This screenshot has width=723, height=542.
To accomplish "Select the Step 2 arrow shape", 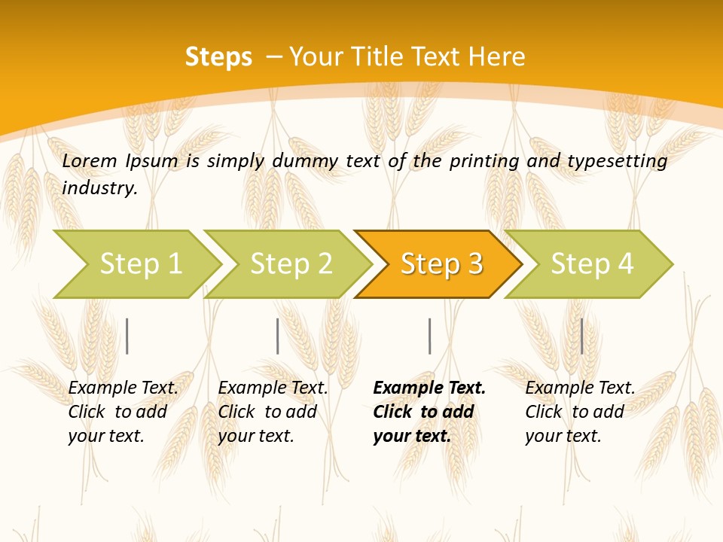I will (290, 264).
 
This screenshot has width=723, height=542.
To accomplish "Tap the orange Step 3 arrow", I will (441, 264).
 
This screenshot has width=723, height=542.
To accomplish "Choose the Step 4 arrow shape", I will (591, 264).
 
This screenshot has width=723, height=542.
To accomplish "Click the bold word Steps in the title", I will (218, 57).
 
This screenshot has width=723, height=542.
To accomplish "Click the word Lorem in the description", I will (90, 161).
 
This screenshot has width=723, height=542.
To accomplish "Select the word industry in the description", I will (99, 188).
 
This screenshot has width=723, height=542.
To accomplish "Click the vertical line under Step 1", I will (127, 336).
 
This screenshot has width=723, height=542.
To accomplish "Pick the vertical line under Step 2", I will (277, 336).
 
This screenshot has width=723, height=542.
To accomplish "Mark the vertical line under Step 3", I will (429, 336).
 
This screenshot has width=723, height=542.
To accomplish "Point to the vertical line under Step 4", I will (581, 336).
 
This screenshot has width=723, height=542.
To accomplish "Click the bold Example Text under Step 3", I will (429, 388).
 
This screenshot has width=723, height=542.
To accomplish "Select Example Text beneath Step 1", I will (123, 388).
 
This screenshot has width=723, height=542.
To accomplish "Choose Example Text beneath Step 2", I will (273, 388).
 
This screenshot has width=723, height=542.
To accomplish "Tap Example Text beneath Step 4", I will (580, 388).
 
